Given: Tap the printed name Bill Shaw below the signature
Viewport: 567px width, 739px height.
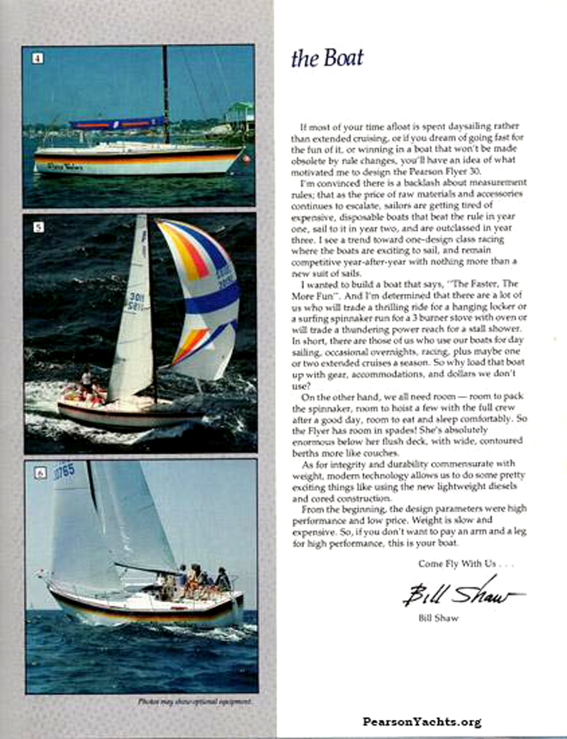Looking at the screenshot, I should pos(438,618).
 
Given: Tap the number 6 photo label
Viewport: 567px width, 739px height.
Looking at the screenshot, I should pos(40,473).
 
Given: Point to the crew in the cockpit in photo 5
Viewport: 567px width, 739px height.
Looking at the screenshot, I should pos(88,388).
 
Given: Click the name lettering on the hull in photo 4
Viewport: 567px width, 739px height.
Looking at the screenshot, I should pos(65,167).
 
